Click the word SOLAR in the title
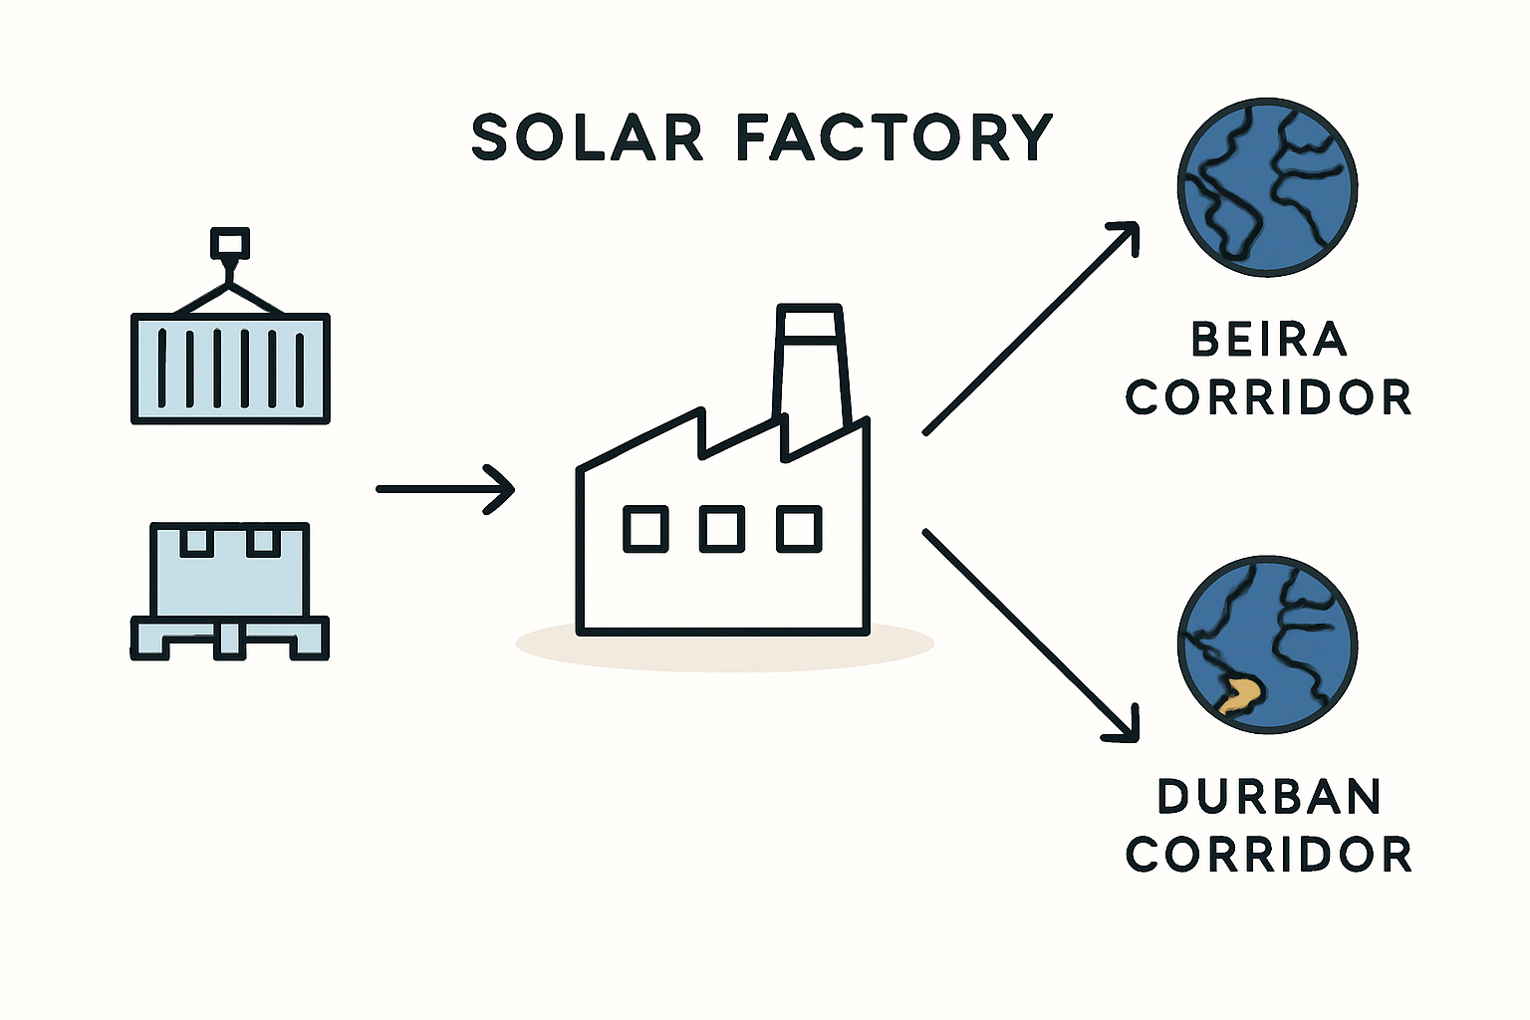point(588,138)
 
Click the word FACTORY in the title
point(894,138)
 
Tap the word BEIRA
point(1269,340)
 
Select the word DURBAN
point(1269,796)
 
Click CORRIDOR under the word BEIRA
point(1269,397)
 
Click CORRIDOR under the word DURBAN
point(1269,854)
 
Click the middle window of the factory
point(722,529)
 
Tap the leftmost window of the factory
point(645,529)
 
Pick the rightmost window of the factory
point(799,529)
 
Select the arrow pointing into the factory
point(445,489)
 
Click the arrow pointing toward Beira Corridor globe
point(1031,328)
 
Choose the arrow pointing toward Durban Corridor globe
point(1031,636)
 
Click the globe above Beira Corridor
point(1268,187)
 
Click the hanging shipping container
point(230,369)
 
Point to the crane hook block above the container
point(230,243)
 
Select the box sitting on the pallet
point(229,570)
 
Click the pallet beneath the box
point(229,638)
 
